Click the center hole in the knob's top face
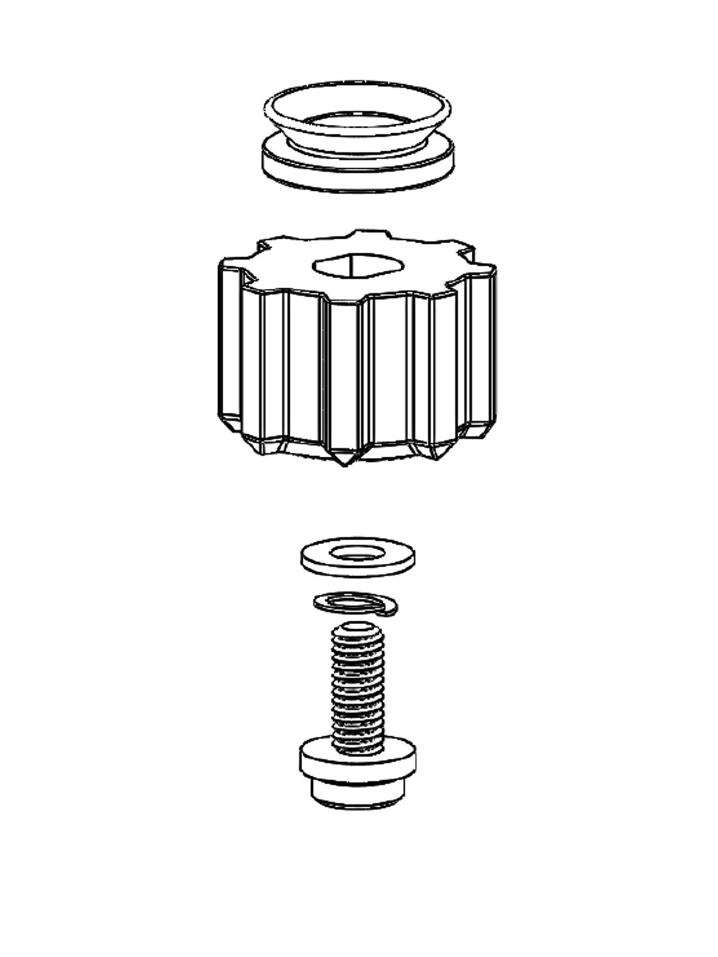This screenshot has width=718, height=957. pos(357,266)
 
